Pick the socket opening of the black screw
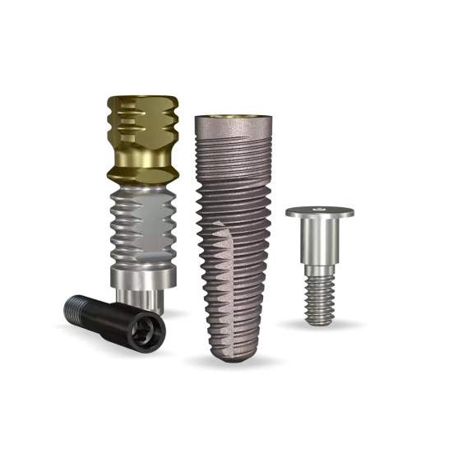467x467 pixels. [x=152, y=330]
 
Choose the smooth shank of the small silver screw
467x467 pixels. [x=320, y=243]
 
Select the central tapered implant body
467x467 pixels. [x=233, y=238]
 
